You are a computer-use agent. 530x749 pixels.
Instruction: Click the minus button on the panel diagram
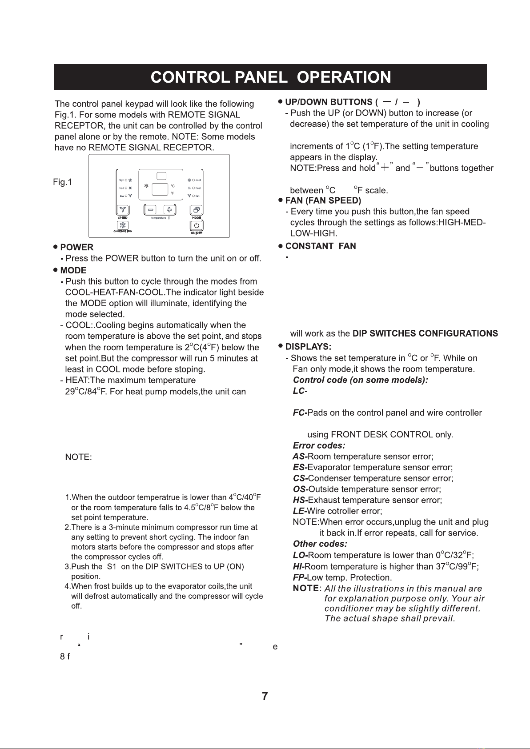coord(151,210)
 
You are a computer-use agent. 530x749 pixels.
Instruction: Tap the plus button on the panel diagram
coord(170,210)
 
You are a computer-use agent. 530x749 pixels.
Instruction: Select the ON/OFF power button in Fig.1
coord(197,226)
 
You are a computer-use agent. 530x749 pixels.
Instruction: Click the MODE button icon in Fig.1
coord(197,209)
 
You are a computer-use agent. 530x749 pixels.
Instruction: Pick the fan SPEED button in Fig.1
coord(123,210)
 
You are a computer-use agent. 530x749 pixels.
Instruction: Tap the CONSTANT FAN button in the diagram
coord(123,226)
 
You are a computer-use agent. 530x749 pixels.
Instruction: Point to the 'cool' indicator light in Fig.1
coord(194,180)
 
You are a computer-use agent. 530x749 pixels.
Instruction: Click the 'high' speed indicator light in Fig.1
coord(126,180)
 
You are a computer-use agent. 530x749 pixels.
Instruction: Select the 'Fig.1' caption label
coord(62,182)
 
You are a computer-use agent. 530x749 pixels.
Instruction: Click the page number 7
coord(265,697)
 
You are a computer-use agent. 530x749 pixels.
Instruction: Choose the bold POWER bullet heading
coord(76,248)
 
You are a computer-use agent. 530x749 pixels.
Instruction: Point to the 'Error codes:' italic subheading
coord(319,446)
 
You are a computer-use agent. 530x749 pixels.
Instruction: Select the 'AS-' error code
coord(300,457)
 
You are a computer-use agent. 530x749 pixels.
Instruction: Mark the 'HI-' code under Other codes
coord(298,567)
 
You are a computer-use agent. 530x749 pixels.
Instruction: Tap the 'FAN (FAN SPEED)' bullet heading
coord(323,200)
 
